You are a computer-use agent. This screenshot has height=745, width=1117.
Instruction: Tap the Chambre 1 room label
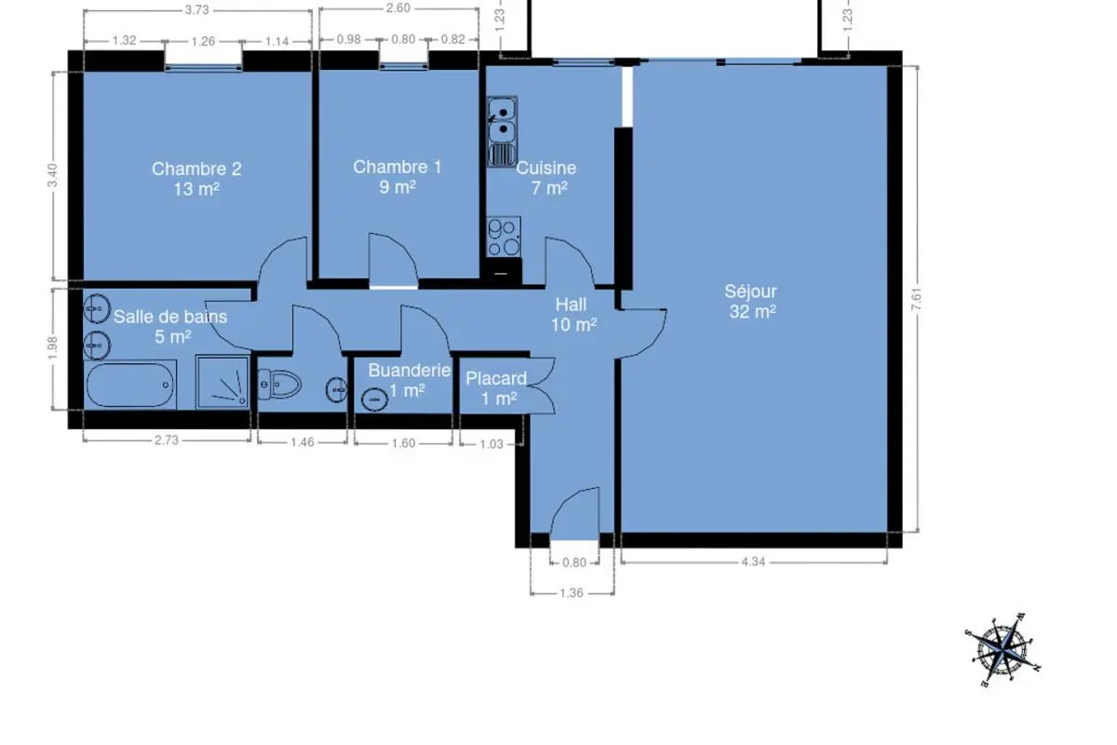[x=397, y=177]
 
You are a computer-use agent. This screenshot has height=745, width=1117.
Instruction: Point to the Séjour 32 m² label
[x=752, y=301]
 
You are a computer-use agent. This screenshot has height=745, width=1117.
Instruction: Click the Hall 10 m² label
[x=573, y=315]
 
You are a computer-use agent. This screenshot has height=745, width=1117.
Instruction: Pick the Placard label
[x=495, y=379]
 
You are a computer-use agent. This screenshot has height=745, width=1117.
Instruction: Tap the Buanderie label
[x=410, y=371]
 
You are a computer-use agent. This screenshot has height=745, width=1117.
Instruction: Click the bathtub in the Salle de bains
[x=129, y=385]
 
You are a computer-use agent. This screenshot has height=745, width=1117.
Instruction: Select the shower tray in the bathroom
[x=222, y=382]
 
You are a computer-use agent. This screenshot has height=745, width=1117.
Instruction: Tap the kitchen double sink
[x=502, y=131]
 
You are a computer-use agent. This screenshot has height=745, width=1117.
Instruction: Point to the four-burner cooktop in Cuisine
[x=504, y=237]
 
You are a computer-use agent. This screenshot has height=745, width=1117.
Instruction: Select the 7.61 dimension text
[x=917, y=300]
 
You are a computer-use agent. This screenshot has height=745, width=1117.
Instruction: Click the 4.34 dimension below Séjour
[x=753, y=562]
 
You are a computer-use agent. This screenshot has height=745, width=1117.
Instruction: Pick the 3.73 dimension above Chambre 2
[x=197, y=10]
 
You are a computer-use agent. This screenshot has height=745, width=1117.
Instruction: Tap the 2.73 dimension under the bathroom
[x=167, y=440]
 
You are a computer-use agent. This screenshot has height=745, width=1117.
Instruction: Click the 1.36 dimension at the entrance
[x=572, y=593]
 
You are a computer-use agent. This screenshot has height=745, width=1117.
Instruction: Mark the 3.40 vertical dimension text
[x=52, y=175]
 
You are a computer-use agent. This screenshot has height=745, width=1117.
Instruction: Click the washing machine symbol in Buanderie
[x=374, y=400]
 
